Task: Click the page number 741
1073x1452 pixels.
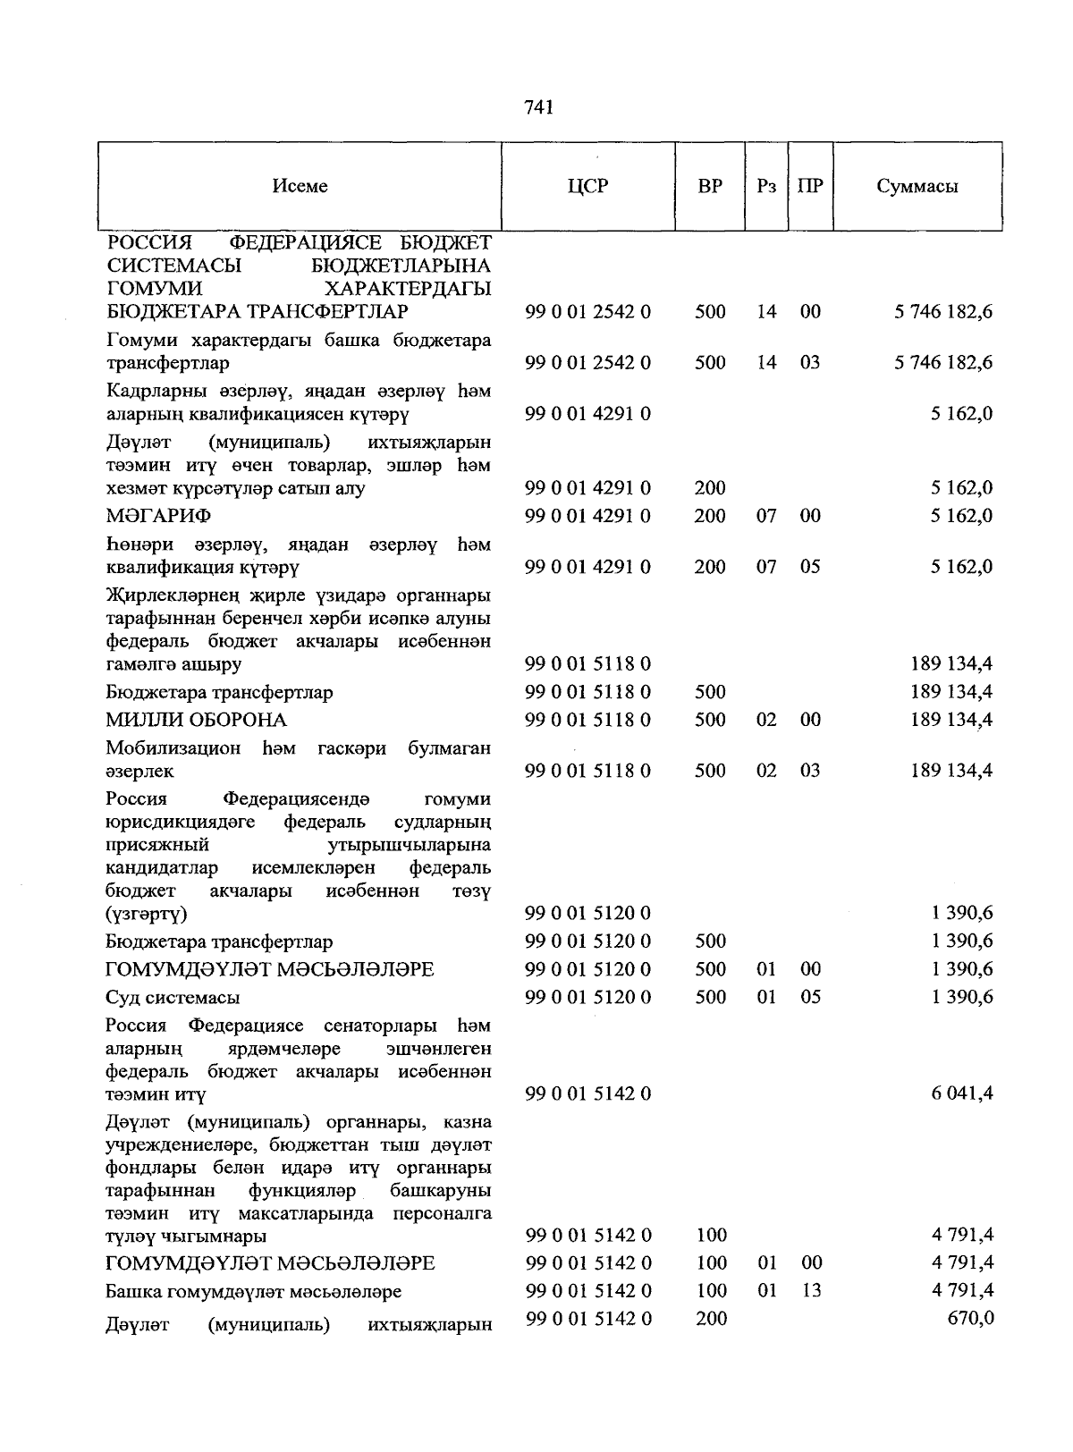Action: pyautogui.click(x=539, y=107)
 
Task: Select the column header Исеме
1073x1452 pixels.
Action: pyautogui.click(x=300, y=186)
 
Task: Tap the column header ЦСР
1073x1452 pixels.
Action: pyautogui.click(x=587, y=186)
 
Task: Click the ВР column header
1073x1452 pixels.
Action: pyautogui.click(x=710, y=186)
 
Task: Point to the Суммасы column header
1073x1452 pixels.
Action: pyautogui.click(x=917, y=186)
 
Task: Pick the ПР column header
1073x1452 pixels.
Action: pyautogui.click(x=810, y=186)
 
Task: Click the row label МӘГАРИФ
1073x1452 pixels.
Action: pyautogui.click(x=158, y=516)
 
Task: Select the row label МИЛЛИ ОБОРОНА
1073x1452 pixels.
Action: pyautogui.click(x=196, y=720)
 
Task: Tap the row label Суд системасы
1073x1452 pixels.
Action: pyautogui.click(x=173, y=997)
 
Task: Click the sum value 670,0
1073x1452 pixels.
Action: pyautogui.click(x=970, y=1318)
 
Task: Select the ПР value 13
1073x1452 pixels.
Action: pyautogui.click(x=810, y=1290)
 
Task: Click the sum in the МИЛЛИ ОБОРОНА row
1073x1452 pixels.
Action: pyautogui.click(x=951, y=720)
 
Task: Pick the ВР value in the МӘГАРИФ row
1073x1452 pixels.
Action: pyautogui.click(x=710, y=516)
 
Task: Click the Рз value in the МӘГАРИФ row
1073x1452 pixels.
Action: pyautogui.click(x=766, y=516)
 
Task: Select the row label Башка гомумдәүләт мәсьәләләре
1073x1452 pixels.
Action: pyautogui.click(x=253, y=1291)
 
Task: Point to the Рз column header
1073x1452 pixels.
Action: pyautogui.click(x=766, y=186)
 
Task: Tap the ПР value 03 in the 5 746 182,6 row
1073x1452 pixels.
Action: pyautogui.click(x=810, y=362)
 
